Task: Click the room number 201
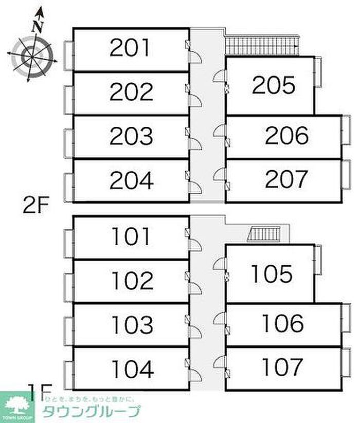(x=131, y=48)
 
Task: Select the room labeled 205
(x=274, y=85)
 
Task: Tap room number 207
(x=286, y=179)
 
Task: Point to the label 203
(x=131, y=137)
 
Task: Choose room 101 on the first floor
(x=132, y=236)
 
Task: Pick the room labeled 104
(x=133, y=369)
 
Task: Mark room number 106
(x=283, y=324)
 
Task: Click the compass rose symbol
(x=31, y=53)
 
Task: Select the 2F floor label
(x=36, y=207)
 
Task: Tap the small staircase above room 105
(x=263, y=234)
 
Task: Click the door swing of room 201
(x=196, y=57)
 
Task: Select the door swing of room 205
(x=220, y=76)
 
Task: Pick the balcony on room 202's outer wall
(x=68, y=99)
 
